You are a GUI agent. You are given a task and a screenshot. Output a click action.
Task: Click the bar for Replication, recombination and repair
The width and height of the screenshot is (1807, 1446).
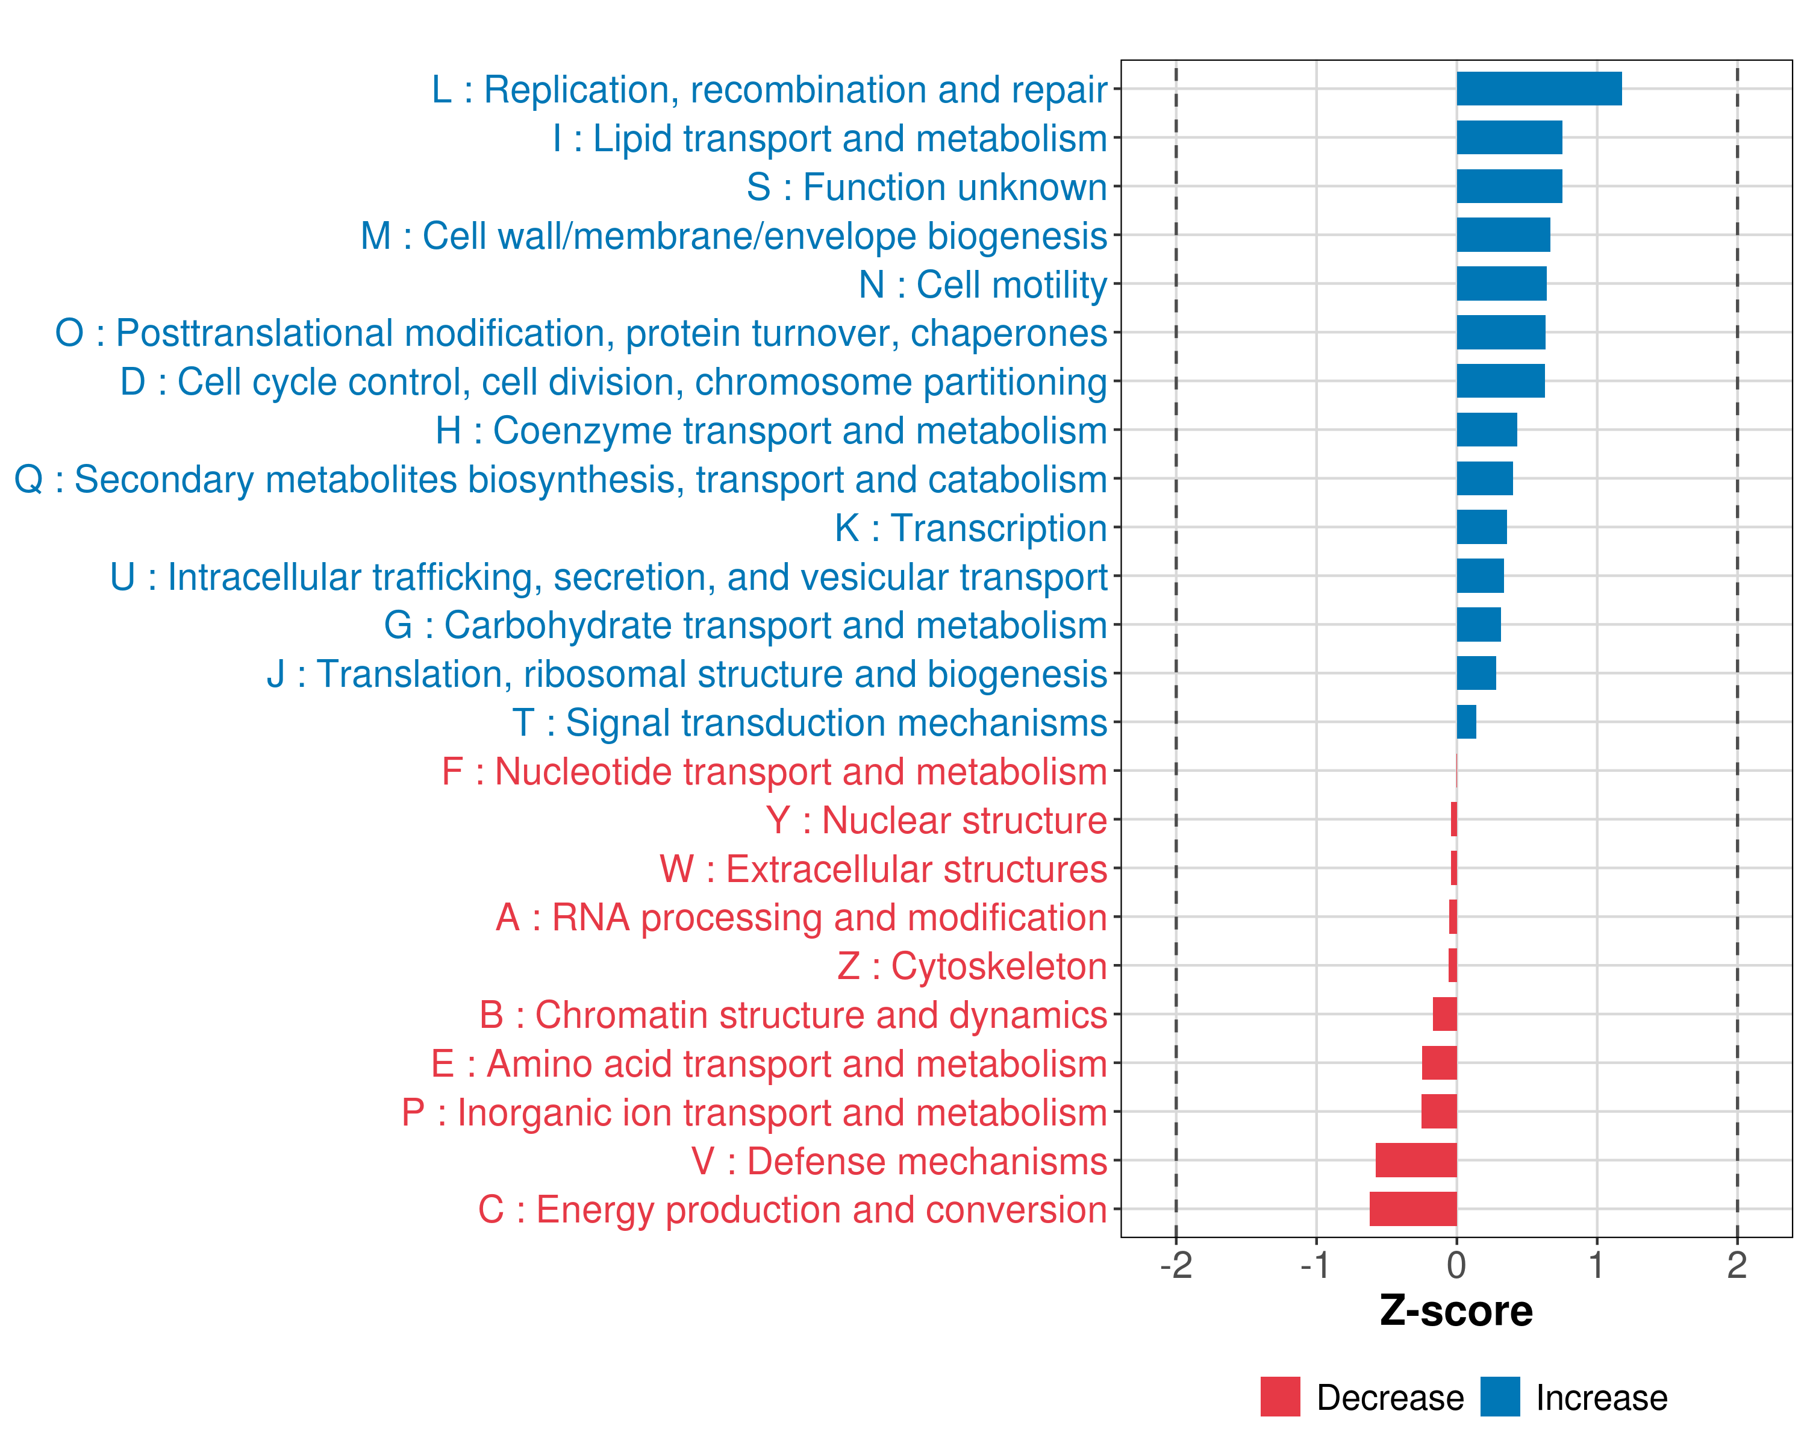1539,89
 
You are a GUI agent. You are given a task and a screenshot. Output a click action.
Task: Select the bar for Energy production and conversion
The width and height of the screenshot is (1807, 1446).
1413,1209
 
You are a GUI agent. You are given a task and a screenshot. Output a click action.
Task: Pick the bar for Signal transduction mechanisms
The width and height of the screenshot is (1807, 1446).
1466,722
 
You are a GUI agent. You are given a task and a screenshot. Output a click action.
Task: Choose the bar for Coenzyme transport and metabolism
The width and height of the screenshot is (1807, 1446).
1486,430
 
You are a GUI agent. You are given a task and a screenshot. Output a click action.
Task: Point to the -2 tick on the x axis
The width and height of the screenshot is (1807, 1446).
1176,1265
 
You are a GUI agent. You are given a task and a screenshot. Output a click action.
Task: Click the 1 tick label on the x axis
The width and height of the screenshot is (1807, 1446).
1597,1265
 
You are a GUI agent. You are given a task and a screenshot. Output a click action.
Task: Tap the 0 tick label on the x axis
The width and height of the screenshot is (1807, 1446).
1456,1265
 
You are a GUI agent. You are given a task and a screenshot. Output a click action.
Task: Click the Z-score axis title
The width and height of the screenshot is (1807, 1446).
1456,1310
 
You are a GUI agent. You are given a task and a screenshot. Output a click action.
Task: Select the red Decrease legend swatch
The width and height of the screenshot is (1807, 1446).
1280,1397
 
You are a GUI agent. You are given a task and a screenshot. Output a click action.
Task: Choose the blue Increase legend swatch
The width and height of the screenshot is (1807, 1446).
1499,1397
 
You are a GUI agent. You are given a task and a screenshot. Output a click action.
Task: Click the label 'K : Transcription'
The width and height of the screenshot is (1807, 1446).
970,528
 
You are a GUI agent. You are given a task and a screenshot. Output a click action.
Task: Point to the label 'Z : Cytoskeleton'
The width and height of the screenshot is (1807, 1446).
972,966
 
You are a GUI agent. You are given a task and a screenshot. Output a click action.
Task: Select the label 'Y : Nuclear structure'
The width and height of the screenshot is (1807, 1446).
936,821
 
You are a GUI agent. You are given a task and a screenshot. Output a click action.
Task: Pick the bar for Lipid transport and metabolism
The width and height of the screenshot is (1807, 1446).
1509,137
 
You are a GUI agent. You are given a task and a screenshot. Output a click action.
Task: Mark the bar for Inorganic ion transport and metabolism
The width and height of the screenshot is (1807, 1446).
1438,1112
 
